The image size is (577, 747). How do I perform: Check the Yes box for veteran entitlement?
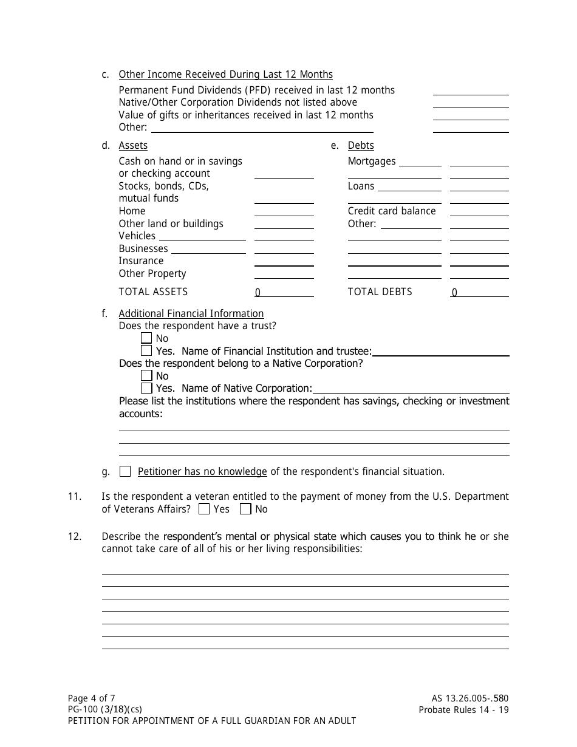205,509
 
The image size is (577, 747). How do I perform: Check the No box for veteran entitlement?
245,509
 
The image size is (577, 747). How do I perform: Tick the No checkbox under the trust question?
146,338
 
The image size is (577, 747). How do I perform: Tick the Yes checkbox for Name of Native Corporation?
146,388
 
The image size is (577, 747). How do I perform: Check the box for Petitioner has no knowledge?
125,471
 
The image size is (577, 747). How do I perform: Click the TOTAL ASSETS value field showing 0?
284,292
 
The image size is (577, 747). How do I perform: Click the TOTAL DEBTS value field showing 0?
479,292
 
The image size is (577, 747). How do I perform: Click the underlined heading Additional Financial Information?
191,313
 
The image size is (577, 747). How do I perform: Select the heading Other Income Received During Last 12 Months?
225,74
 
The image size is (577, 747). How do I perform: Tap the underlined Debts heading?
361,145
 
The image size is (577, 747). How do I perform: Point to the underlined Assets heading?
133,145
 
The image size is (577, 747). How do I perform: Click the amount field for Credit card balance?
479,211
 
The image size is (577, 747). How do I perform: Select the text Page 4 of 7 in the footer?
91,698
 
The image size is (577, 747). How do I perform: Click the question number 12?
74,536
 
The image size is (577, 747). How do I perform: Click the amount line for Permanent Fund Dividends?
470,90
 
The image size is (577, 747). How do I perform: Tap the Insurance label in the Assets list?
141,261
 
